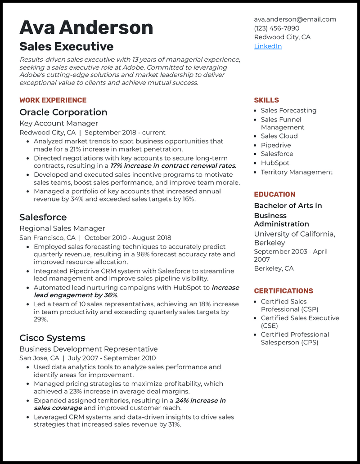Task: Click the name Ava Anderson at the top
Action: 86,28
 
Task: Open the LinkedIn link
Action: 268,46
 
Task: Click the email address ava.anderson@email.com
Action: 295,19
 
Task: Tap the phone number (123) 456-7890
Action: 276,28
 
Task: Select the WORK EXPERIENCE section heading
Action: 53,100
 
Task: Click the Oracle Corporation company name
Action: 63,112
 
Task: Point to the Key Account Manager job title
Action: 58,123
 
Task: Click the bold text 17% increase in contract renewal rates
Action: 173,166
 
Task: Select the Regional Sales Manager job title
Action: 62,228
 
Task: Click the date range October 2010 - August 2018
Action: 127,238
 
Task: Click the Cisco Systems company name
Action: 52,338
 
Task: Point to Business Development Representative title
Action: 88,349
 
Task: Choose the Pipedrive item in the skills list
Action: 275,145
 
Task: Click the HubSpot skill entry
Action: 275,163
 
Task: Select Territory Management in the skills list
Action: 297,172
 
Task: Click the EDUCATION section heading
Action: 274,195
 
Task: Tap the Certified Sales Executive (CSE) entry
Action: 300,322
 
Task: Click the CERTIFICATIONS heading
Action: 283,291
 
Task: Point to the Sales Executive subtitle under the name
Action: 66,47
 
